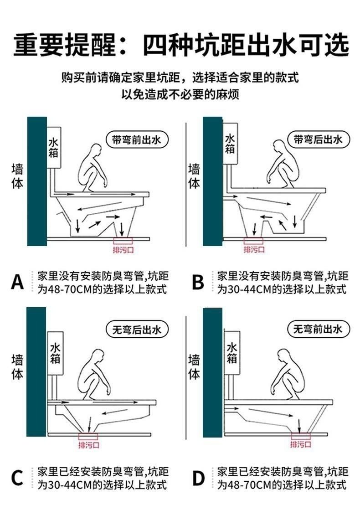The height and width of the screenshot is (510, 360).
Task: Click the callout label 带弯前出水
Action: click(137, 140)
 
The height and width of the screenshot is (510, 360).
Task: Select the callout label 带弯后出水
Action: click(319, 139)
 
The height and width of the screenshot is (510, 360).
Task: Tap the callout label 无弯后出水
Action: click(137, 330)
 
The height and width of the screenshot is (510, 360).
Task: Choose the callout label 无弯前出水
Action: click(319, 329)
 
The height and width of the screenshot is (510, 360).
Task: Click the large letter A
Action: click(18, 281)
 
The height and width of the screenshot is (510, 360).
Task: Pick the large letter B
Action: click(198, 282)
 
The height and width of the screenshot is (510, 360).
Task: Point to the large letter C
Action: click(17, 478)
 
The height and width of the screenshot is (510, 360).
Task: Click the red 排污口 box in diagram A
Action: click(123, 241)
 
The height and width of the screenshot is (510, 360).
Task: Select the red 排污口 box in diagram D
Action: click(300, 436)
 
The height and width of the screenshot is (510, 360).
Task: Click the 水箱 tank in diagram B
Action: click(230, 144)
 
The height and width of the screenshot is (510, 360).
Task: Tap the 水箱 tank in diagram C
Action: click(55, 353)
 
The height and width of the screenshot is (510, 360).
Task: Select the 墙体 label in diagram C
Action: click(17, 367)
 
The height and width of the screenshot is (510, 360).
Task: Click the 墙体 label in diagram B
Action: click(194, 177)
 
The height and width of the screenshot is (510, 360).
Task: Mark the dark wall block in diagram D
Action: click(213, 373)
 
